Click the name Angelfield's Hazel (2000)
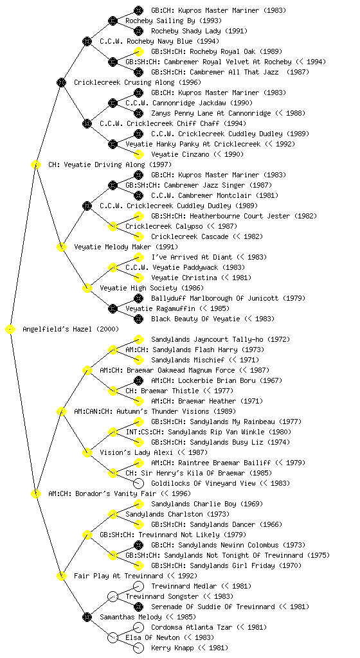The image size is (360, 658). point(71,330)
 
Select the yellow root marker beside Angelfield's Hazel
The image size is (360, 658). point(10,330)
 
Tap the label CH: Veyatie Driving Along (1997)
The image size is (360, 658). point(110,165)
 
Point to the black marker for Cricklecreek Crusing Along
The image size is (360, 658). point(61,83)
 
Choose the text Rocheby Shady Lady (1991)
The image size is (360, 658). point(199,31)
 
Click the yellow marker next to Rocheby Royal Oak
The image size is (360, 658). point(138,51)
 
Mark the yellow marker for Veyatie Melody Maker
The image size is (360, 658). point(61,247)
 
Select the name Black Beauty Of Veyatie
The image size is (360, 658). point(195,319)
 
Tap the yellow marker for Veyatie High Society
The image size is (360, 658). point(87,289)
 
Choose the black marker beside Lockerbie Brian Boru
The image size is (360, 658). point(138,380)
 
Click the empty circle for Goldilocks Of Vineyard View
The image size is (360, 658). point(138,483)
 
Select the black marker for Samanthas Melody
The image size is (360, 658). point(87,618)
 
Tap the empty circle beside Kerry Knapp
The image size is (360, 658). point(138,648)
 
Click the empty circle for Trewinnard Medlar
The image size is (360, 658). point(138,586)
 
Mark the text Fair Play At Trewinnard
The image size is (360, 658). point(118,576)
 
